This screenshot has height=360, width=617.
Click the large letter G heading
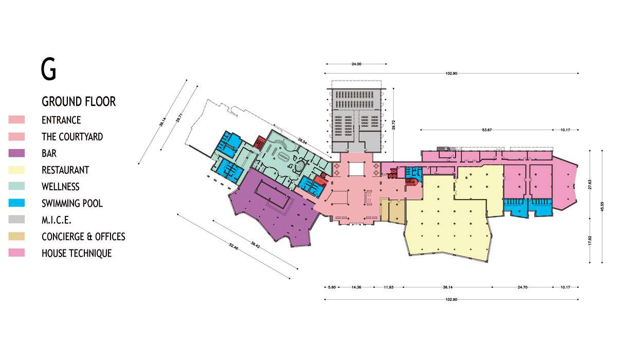[x=48, y=69]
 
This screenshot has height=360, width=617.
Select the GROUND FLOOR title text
[x=79, y=101]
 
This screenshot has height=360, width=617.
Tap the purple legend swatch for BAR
[x=16, y=153]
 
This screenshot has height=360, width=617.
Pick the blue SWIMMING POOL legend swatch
[x=16, y=203]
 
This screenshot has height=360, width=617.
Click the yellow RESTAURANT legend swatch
[x=16, y=170]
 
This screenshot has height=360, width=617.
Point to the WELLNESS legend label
[x=61, y=187]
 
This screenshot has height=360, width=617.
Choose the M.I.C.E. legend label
[x=57, y=220]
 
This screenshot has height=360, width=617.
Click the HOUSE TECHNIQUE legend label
[x=77, y=254]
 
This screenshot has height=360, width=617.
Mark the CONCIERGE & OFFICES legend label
[x=83, y=237]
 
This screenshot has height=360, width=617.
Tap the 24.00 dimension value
[x=356, y=64]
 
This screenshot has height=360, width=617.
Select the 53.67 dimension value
[x=487, y=130]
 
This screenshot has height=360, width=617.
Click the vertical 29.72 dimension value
[x=394, y=125]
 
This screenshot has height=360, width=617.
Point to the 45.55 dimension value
[x=602, y=207]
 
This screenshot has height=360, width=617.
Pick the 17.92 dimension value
[x=590, y=240]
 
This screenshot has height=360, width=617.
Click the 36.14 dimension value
[x=448, y=287]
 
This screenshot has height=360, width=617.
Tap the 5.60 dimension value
[x=332, y=287]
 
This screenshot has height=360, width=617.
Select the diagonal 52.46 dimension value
[x=233, y=246]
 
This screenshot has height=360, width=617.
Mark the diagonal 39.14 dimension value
[x=163, y=122]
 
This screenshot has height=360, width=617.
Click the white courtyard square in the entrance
[x=357, y=169]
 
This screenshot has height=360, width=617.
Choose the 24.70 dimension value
[x=522, y=287]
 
